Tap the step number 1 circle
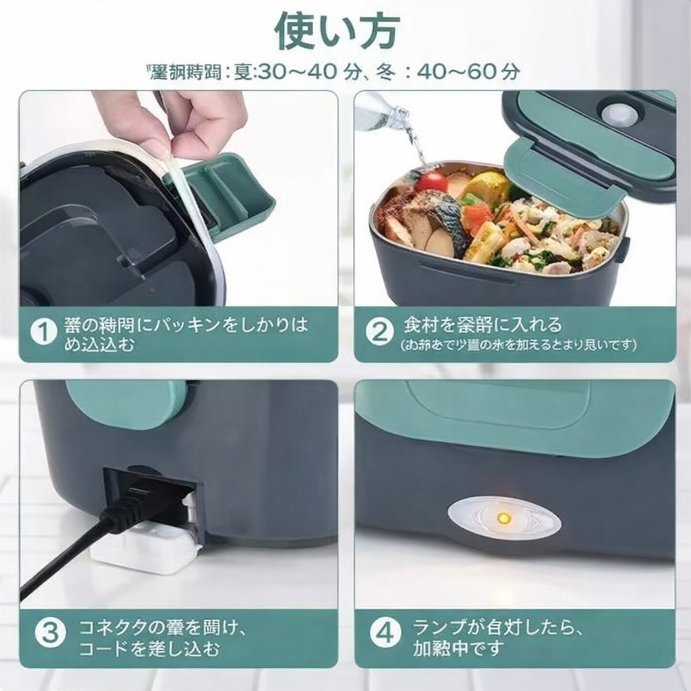(x=43, y=333)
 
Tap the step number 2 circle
(x=379, y=333)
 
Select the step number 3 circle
(x=50, y=634)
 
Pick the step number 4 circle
(x=385, y=634)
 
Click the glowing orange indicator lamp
(x=503, y=518)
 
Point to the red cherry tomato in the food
(x=431, y=181)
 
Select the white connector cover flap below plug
(x=146, y=550)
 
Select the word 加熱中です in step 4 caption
(x=458, y=648)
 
